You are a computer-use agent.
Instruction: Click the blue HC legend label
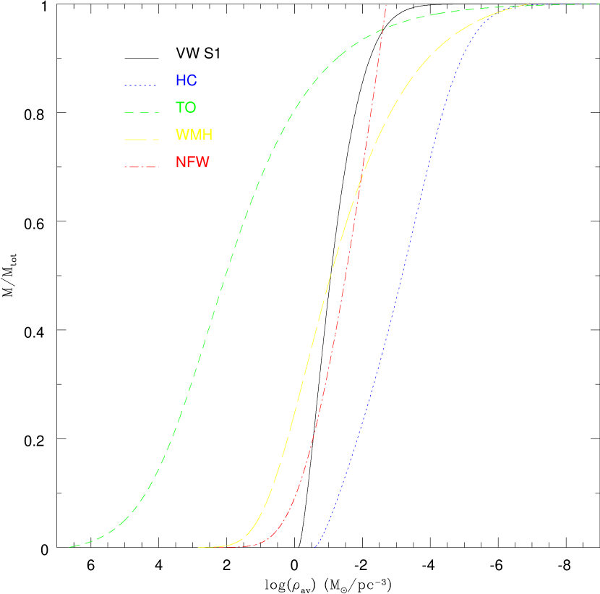186,81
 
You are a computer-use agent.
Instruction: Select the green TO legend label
186,108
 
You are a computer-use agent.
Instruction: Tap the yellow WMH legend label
194,135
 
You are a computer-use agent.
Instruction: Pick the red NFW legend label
192,162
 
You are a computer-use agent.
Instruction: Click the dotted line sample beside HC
140,85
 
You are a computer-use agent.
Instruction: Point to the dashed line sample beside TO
140,112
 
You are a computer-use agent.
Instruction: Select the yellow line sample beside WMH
140,139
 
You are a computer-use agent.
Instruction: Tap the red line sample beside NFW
140,166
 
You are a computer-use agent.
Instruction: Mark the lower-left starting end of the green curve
69,547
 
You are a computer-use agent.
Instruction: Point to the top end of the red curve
386,4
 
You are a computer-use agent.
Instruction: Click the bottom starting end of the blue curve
314,548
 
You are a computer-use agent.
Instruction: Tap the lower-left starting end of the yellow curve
199,548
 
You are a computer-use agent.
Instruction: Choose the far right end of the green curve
597,5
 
